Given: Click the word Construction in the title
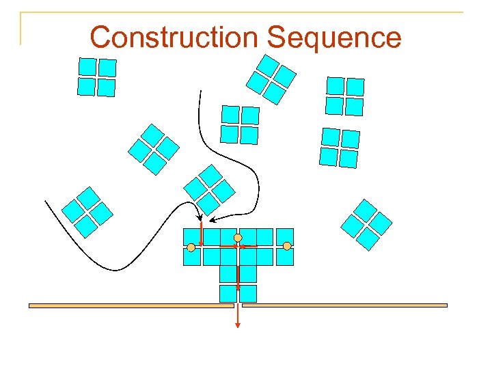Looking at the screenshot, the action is point(174,37).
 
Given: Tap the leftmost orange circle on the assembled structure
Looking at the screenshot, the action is point(192,246).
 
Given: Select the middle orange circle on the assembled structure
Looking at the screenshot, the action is point(238,237).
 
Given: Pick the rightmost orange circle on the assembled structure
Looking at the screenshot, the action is point(287,245).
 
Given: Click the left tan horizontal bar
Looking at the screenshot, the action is point(131,305).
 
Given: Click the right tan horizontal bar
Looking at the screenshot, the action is point(344,305).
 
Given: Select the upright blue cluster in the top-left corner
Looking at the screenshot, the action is point(96,77).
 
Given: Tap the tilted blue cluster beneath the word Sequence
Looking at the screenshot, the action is point(271,79).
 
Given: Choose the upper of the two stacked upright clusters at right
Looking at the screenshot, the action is point(344,96).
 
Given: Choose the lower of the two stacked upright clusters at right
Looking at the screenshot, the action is point(340,148).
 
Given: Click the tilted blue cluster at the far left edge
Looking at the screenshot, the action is point(87,212).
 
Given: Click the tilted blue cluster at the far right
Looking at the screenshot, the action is point(366,225).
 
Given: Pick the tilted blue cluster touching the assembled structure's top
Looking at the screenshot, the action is point(209,189).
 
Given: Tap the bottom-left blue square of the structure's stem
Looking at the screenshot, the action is point(228,294).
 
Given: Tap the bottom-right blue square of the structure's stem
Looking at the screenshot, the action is point(247,294).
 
